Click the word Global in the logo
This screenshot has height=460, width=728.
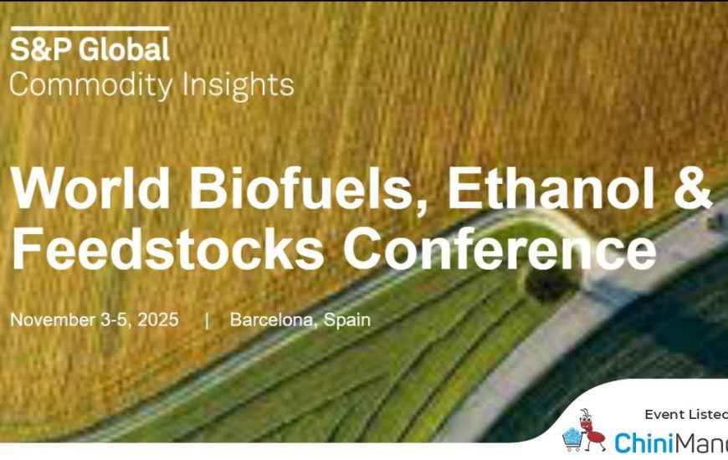pyautogui.click(x=124, y=49)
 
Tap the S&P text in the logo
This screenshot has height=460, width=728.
pyautogui.click(x=41, y=49)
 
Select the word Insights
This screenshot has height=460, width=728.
pyautogui.click(x=238, y=85)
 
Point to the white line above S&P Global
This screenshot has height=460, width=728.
pyautogui.click(x=90, y=28)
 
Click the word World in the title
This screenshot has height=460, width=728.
pyautogui.click(x=90, y=187)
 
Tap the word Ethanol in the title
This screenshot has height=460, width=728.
pyautogui.click(x=551, y=187)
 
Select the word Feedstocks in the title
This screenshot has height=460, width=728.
pyautogui.click(x=167, y=248)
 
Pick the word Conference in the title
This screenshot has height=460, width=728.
pyautogui.click(x=500, y=248)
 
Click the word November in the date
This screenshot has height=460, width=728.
pyautogui.click(x=53, y=319)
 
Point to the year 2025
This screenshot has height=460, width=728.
pyautogui.click(x=158, y=319)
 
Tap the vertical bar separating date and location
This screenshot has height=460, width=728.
pyautogui.click(x=207, y=321)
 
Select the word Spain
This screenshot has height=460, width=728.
pyautogui.click(x=347, y=320)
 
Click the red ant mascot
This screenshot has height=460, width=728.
pyautogui.click(x=590, y=429)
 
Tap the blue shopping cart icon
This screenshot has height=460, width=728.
pyautogui.click(x=572, y=438)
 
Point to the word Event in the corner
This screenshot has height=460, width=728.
pyautogui.click(x=665, y=415)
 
